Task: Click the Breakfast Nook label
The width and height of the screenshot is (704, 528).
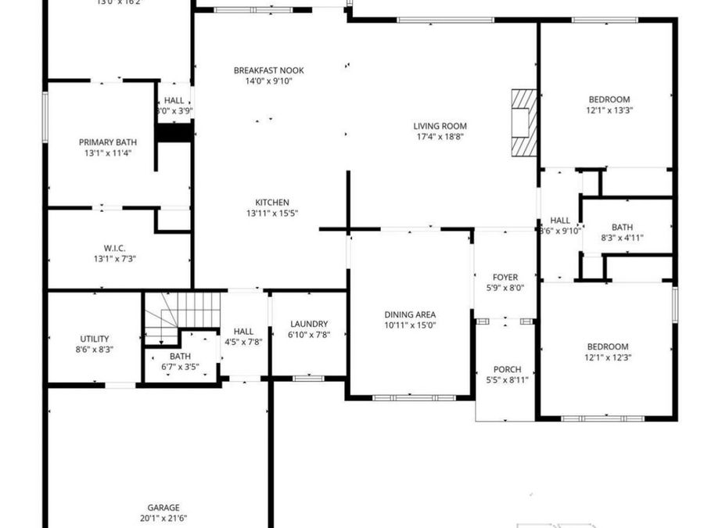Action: point(268,70)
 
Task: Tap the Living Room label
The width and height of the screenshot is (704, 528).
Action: point(440,126)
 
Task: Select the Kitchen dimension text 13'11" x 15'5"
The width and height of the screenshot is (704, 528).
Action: point(271,213)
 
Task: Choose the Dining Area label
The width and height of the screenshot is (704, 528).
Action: point(409,314)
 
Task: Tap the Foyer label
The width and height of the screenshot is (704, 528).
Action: point(505,277)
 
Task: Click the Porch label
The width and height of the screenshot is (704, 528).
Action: point(507,370)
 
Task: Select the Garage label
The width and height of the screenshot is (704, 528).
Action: point(163,508)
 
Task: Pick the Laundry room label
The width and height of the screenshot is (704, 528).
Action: point(308,324)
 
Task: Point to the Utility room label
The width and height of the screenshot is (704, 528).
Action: point(95,339)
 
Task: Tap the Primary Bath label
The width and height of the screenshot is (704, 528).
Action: point(108,142)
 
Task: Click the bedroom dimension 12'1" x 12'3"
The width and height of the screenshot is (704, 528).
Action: point(609,357)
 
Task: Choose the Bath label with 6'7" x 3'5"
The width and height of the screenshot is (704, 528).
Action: point(180,356)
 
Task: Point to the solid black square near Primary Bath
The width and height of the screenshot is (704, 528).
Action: point(174,132)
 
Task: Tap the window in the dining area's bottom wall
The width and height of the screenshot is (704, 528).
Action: point(413,397)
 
